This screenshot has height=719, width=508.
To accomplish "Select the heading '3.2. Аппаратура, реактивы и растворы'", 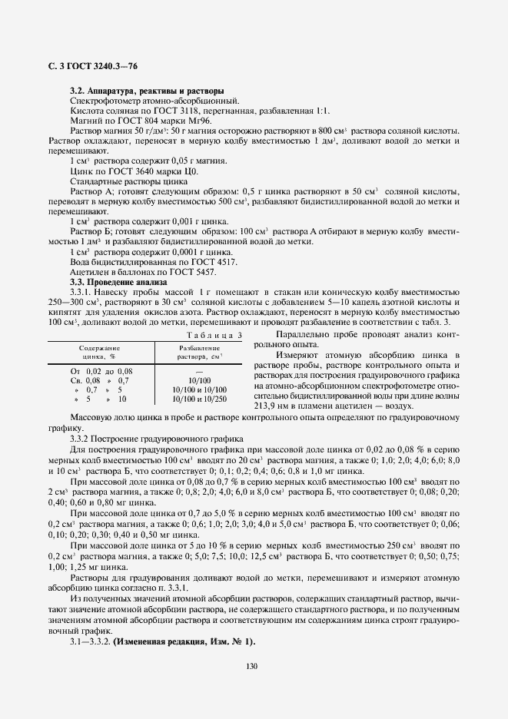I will [147, 91].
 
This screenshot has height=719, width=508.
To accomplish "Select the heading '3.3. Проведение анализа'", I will [115, 282].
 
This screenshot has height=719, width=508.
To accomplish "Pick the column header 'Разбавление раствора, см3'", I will [199, 352].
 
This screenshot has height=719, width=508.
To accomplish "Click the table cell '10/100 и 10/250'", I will [199, 399].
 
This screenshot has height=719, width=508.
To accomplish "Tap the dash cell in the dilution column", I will [199, 371].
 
